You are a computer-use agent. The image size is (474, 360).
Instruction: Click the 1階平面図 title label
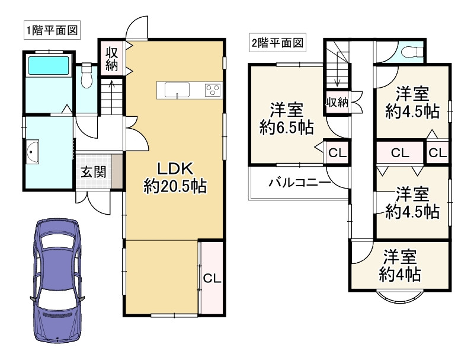tap(52, 30)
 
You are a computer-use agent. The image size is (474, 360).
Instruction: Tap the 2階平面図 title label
tap(277, 42)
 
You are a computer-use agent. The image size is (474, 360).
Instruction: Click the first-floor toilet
tap(87, 75)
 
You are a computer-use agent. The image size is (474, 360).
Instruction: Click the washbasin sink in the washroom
tap(33, 152)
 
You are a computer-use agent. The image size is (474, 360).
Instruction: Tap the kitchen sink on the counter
tap(177, 90)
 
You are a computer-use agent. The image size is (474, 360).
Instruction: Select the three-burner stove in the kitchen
tap(213, 90)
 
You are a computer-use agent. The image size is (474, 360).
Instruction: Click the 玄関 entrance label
tap(94, 172)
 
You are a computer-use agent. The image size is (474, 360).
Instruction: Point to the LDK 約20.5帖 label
tap(175, 177)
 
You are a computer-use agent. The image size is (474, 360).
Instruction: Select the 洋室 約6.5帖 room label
tap(287, 119)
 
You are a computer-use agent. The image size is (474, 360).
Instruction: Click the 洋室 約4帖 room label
tap(400, 265)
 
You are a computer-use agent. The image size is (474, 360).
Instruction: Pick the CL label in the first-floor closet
tap(212, 278)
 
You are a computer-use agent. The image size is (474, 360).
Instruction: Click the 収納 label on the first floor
tap(111, 59)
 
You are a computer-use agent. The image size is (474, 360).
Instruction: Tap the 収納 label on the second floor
tap(337, 103)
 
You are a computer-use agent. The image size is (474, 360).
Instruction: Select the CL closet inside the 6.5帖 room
tap(337, 153)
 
